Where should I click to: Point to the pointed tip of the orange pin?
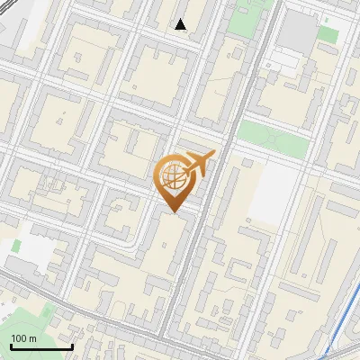172,211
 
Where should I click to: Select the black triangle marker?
181,24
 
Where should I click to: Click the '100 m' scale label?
23,338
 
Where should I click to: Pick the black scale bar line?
40,346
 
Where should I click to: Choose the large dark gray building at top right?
298,31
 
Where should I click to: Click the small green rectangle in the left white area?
16,245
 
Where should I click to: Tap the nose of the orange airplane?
214,154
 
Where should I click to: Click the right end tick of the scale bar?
72,345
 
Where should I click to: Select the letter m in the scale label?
32,338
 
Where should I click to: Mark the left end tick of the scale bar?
9,345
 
